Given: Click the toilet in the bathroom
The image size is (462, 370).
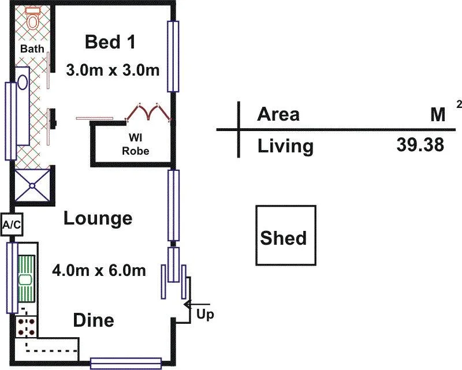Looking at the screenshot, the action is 32,18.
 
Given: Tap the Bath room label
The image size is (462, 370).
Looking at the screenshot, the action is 32,48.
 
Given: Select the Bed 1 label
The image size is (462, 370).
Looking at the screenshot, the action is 110,42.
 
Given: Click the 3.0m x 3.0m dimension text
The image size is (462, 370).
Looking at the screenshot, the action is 113,70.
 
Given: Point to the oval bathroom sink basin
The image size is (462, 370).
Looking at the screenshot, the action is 23,82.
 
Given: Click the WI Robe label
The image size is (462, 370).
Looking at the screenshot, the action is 135,144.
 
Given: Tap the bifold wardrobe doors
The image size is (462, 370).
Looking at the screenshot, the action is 148,112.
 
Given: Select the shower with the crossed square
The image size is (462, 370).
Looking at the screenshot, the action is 32,185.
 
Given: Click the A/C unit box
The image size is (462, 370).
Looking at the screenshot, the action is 12,225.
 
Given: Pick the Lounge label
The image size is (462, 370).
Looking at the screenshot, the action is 98,218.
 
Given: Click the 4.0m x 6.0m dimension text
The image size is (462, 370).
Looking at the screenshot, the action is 99,271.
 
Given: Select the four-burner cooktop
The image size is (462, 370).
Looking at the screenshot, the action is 26,327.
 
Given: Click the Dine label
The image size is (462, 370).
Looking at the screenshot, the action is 94,320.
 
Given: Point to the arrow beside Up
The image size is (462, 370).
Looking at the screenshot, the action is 196,304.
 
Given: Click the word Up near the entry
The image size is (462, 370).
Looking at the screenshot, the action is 205,315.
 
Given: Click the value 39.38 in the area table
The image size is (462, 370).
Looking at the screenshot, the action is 420,145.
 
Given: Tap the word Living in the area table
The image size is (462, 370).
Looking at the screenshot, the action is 285,146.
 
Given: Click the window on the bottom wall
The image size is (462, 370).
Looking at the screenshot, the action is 126,364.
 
